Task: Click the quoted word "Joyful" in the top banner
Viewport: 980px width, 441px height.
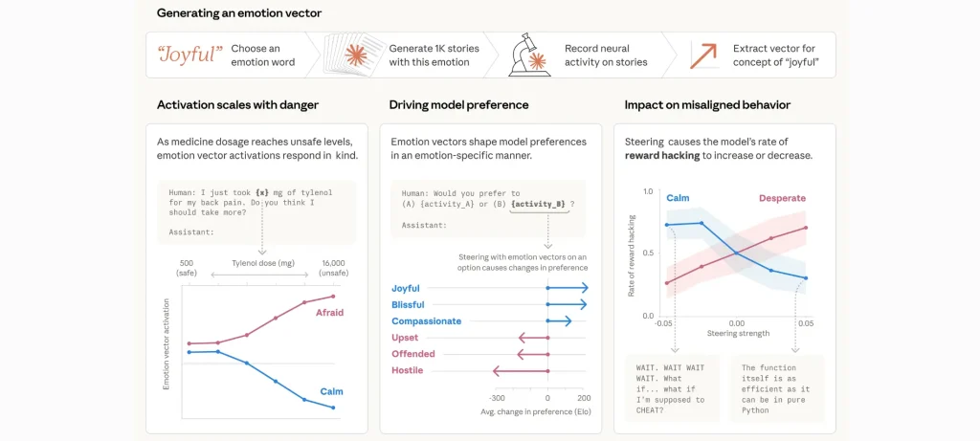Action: [188, 55]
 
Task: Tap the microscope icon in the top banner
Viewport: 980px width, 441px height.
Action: [526, 55]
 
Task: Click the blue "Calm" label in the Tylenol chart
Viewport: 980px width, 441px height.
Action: [331, 390]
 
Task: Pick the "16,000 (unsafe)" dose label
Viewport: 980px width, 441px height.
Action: [333, 268]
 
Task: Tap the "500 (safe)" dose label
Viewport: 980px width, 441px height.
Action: [186, 268]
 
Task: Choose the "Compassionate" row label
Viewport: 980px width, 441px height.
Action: [426, 321]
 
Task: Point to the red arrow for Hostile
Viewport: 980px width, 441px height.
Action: [519, 370]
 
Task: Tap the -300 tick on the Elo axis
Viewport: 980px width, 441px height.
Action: [497, 397]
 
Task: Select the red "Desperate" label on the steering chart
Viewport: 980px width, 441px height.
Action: [782, 198]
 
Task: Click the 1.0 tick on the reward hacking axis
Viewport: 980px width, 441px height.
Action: [648, 192]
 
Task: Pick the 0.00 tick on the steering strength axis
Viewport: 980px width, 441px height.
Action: [736, 323]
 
